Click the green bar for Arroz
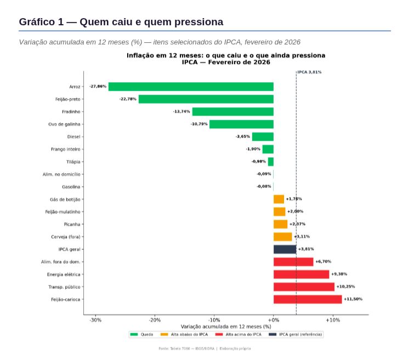(x=191, y=87)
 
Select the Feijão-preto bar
(x=206, y=99)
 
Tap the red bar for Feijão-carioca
(x=308, y=299)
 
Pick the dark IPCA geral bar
(x=285, y=249)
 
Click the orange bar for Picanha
(x=280, y=224)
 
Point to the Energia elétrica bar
(x=301, y=274)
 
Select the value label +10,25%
(x=345, y=287)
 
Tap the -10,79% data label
(x=199, y=124)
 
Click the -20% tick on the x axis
(x=155, y=320)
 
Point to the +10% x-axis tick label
(x=333, y=320)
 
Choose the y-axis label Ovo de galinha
(x=65, y=124)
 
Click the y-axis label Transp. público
(x=64, y=287)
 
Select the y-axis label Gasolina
(x=71, y=186)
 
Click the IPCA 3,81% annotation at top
(x=309, y=72)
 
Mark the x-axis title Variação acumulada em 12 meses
(x=226, y=327)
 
